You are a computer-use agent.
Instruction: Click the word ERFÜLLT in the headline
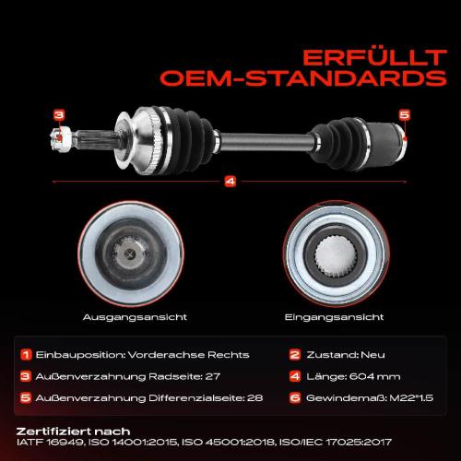[374, 57]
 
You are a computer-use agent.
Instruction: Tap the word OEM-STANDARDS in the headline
[303, 78]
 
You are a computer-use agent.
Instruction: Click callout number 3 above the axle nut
[59, 115]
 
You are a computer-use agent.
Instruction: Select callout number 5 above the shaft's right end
[405, 114]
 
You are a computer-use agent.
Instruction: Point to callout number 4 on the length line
[230, 182]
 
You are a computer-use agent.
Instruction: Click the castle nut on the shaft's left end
[61, 138]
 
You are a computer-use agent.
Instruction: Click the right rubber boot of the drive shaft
[338, 144]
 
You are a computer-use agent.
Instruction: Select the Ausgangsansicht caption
[135, 317]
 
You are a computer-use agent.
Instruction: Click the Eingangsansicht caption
[334, 317]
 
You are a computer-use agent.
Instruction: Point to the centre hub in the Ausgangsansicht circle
[130, 254]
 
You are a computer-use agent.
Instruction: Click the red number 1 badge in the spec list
[26, 355]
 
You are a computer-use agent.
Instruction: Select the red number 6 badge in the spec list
[295, 398]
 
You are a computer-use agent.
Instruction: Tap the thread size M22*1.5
[411, 398]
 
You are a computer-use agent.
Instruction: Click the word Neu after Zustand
[372, 355]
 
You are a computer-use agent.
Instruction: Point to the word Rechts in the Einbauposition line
[229, 355]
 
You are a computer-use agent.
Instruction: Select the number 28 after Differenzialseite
[254, 398]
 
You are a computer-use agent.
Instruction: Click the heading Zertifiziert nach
[73, 431]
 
